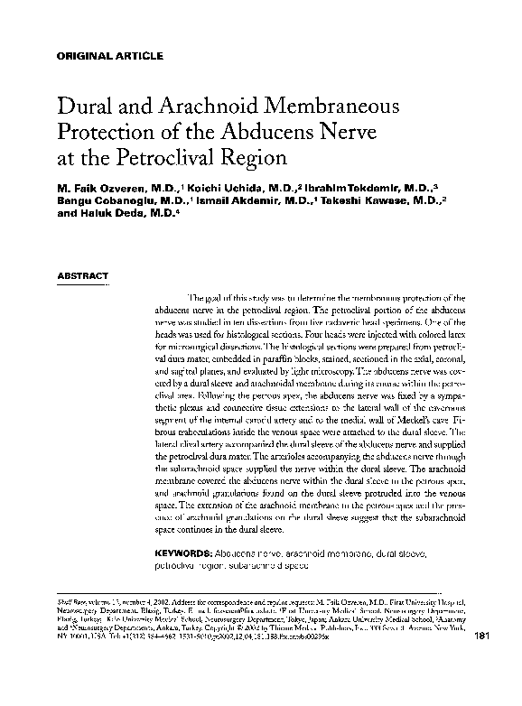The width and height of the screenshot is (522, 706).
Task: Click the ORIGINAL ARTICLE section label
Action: click(110, 55)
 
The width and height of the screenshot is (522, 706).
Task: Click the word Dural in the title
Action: click(85, 106)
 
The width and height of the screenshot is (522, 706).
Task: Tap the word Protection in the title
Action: click(109, 133)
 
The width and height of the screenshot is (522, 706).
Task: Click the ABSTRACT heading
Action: click(83, 274)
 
